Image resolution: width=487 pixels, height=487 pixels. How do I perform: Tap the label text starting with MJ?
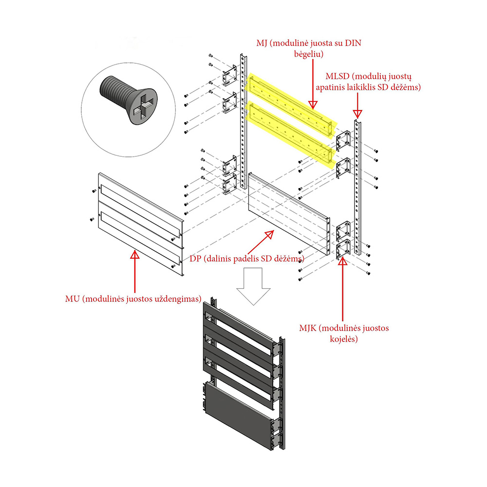tap(309, 48)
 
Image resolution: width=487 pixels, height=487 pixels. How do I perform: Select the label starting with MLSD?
tap(368, 82)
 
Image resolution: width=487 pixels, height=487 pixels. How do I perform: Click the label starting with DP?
tap(247, 259)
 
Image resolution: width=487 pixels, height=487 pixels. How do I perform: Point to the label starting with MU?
tap(133, 299)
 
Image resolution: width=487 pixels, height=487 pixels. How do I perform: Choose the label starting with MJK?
tap(344, 333)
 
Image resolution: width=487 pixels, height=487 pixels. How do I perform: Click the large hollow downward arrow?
tap(253, 286)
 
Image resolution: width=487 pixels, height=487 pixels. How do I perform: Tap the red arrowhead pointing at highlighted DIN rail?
tap(313, 105)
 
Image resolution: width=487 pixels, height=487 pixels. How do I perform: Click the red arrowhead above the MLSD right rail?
tap(357, 114)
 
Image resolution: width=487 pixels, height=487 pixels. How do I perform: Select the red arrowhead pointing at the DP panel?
tap(270, 235)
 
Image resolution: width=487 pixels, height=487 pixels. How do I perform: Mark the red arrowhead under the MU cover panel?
tap(135, 255)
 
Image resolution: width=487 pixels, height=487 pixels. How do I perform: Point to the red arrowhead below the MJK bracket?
tap(342, 261)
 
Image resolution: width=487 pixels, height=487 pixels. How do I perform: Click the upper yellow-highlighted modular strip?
tap(290, 104)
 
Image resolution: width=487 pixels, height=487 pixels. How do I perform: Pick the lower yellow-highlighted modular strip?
tap(290, 135)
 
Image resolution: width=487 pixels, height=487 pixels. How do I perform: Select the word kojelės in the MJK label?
tap(344, 339)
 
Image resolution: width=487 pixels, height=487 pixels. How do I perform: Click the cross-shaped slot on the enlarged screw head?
tap(143, 106)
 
